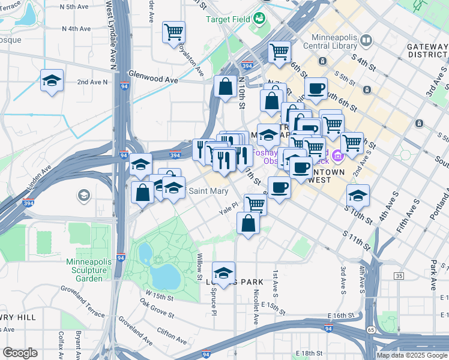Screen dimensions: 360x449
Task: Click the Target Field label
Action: tap(228, 19)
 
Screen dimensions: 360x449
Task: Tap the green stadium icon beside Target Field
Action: tap(259, 18)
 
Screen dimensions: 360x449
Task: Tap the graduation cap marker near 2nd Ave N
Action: tap(52, 81)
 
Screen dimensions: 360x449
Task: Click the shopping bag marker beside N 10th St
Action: tap(225, 86)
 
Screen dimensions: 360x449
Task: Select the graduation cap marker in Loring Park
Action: tap(223, 273)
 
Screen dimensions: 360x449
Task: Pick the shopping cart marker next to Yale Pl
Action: tap(256, 203)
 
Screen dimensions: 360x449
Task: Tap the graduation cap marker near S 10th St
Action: tap(358, 196)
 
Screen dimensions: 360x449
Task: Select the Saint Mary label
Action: tap(208, 191)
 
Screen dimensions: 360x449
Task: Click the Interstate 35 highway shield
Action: tap(399, 275)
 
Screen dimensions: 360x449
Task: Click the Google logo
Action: tap(20, 353)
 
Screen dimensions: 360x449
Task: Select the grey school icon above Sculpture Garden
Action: tap(84, 195)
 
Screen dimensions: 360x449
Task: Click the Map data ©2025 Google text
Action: tap(411, 355)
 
